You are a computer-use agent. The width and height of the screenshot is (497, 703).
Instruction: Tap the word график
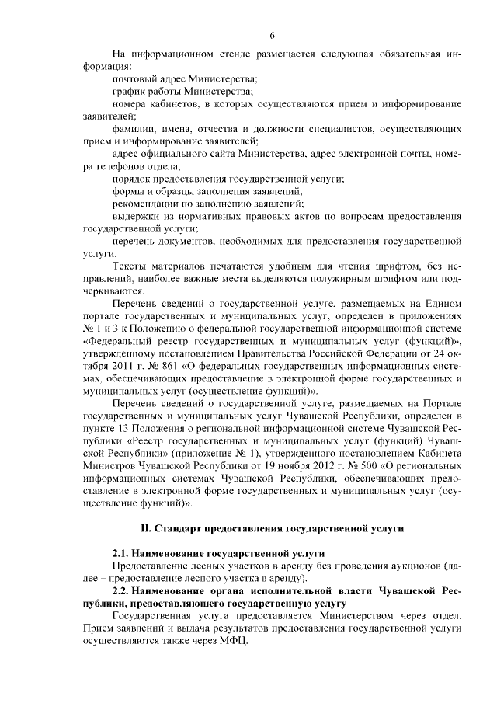pos(128,92)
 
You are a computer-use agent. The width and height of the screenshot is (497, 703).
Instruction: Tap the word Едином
pos(445,304)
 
